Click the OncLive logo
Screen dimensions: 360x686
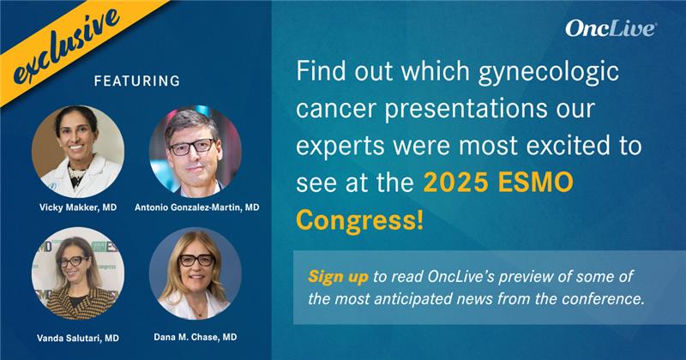611,28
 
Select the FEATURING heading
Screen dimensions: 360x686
136,81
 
